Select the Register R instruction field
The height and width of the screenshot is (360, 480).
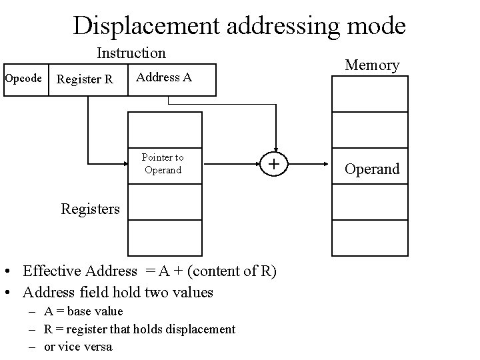[x=85, y=80]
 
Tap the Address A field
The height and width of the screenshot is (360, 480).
[x=164, y=77]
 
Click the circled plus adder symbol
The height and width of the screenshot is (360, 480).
[x=273, y=163]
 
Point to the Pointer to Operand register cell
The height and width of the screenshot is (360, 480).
[x=163, y=164]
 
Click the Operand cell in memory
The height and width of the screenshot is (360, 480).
[x=371, y=169]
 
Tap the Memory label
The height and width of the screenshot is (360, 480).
[x=371, y=65]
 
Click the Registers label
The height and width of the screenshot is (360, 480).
[x=91, y=209]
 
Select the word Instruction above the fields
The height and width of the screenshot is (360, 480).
[x=131, y=52]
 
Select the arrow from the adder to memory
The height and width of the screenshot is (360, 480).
[x=311, y=163]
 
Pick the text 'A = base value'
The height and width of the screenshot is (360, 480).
[x=83, y=311]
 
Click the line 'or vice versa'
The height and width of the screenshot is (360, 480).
[x=78, y=346]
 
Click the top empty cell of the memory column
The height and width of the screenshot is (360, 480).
[x=371, y=96]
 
